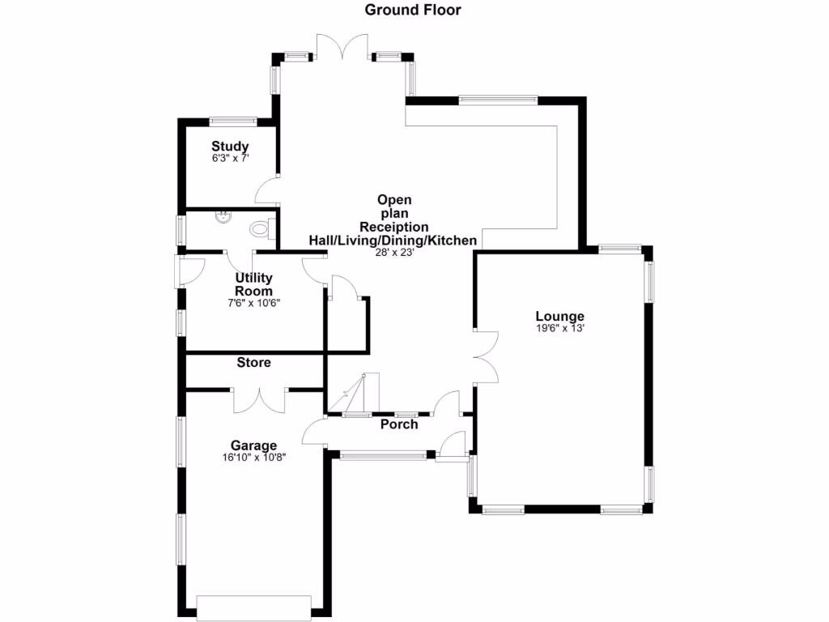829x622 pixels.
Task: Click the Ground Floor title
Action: coord(413,11)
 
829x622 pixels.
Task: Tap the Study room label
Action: coord(230,147)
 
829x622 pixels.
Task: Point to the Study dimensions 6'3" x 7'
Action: coord(230,159)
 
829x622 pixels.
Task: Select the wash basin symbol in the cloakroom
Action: coord(223,216)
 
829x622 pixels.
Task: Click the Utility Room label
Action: coord(253,284)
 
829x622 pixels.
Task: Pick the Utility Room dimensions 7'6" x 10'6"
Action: coord(253,303)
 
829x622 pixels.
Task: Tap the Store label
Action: coord(253,363)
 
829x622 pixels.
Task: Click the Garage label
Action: coord(253,445)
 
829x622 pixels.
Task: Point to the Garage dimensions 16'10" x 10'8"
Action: coord(253,457)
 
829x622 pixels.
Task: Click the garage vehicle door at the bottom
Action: coord(254,607)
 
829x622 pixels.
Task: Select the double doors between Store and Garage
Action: coord(260,399)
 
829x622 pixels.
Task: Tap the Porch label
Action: coord(399,424)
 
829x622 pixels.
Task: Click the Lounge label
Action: coord(559,316)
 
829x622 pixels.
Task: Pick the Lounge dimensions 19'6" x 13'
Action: coord(559,328)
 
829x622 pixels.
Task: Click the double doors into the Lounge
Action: coord(486,356)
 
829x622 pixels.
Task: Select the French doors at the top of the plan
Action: coord(343,47)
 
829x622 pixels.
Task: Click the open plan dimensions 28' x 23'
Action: coord(394,253)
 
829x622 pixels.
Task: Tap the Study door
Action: coord(267,191)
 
